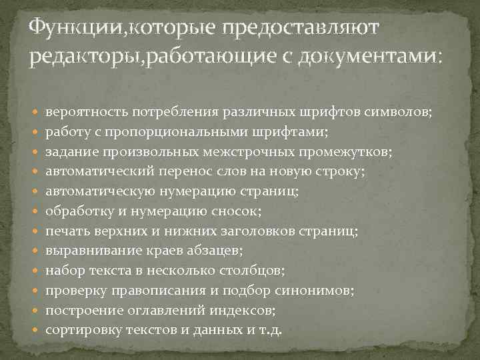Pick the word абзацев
coord(213,251)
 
